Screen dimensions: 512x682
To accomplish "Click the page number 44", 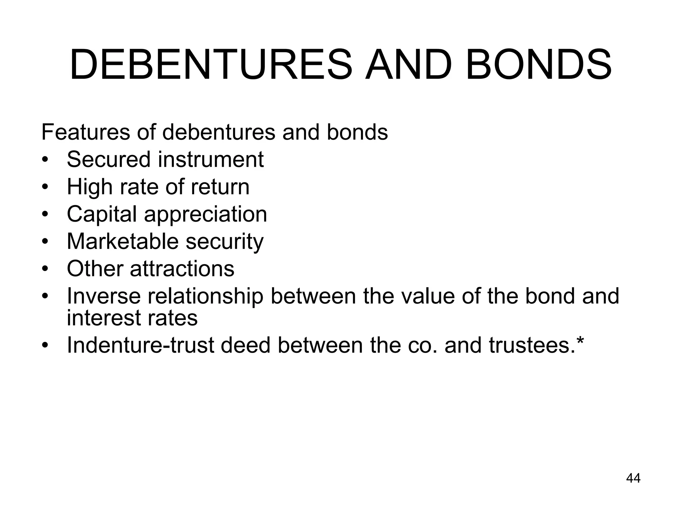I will click(633, 478).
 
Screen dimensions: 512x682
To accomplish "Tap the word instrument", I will click(210, 159).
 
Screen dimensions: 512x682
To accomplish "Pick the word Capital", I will click(102, 214).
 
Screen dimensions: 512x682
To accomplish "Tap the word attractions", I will click(182, 269).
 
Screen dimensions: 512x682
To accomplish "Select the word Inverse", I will click(104, 296).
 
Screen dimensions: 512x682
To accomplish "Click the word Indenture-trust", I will click(140, 345).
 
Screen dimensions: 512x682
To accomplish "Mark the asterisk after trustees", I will click(580, 341).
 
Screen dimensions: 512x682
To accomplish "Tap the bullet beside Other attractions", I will click(46, 269).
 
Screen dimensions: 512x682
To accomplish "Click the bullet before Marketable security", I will click(46, 241).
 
